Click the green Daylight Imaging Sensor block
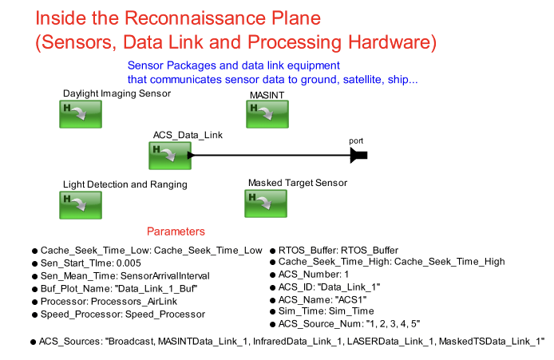[81, 114]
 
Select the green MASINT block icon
[267, 114]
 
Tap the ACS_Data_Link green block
[170, 156]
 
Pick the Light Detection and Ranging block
[81, 205]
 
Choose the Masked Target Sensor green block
[266, 204]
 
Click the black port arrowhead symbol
[358, 155]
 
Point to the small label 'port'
[356, 141]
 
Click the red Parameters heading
[176, 231]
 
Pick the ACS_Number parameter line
[310, 275]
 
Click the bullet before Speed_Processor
[34, 315]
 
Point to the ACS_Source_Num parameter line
[345, 324]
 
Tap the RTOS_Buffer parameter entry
[334, 251]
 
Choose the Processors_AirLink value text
[134, 302]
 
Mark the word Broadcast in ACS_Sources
[131, 342]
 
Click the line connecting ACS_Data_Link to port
[271, 155]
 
